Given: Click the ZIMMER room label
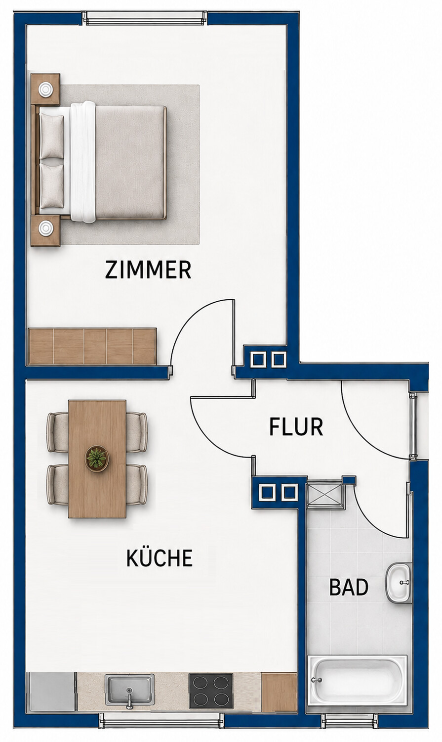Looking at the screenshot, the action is click(x=148, y=270).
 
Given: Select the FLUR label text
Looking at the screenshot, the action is click(x=296, y=427).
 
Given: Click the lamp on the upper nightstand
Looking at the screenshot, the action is click(x=45, y=89).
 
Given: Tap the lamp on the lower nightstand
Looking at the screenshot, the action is click(x=45, y=228).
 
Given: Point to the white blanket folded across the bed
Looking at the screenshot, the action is click(x=82, y=161).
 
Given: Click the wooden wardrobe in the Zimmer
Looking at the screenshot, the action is click(x=92, y=346).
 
